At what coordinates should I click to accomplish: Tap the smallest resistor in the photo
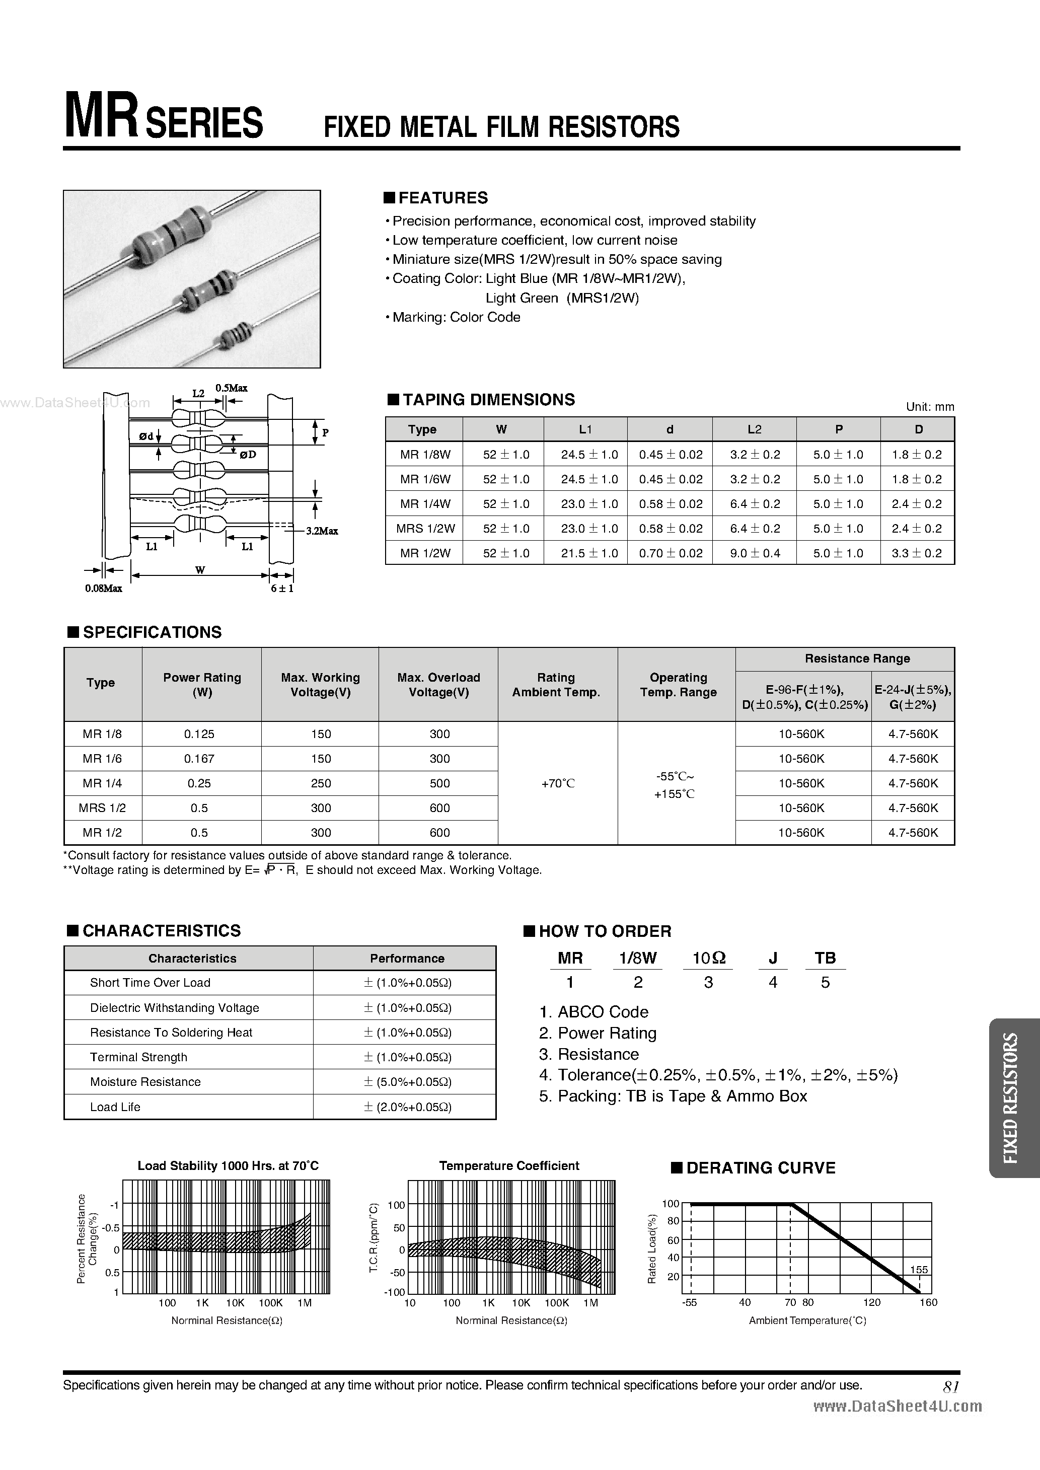[x=236, y=334]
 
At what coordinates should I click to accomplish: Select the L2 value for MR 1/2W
[x=755, y=553]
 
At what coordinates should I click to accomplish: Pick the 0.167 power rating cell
[x=199, y=759]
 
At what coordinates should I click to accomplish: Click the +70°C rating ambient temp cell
[x=557, y=783]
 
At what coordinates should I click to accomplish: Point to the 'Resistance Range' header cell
[x=857, y=659]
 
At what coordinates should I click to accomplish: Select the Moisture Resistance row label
[x=145, y=1082]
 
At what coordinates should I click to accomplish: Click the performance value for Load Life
[x=407, y=1107]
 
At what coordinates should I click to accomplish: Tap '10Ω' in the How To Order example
[x=709, y=958]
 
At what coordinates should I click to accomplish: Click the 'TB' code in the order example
[x=825, y=958]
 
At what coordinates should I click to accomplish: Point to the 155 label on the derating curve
[x=918, y=1270]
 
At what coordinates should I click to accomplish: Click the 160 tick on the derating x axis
[x=928, y=1302]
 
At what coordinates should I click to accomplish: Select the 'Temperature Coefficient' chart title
[x=509, y=1166]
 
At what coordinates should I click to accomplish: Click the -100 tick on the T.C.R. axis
[x=395, y=1292]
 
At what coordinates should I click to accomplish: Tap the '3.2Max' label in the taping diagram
[x=322, y=531]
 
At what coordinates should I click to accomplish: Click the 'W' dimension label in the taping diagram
[x=200, y=570]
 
